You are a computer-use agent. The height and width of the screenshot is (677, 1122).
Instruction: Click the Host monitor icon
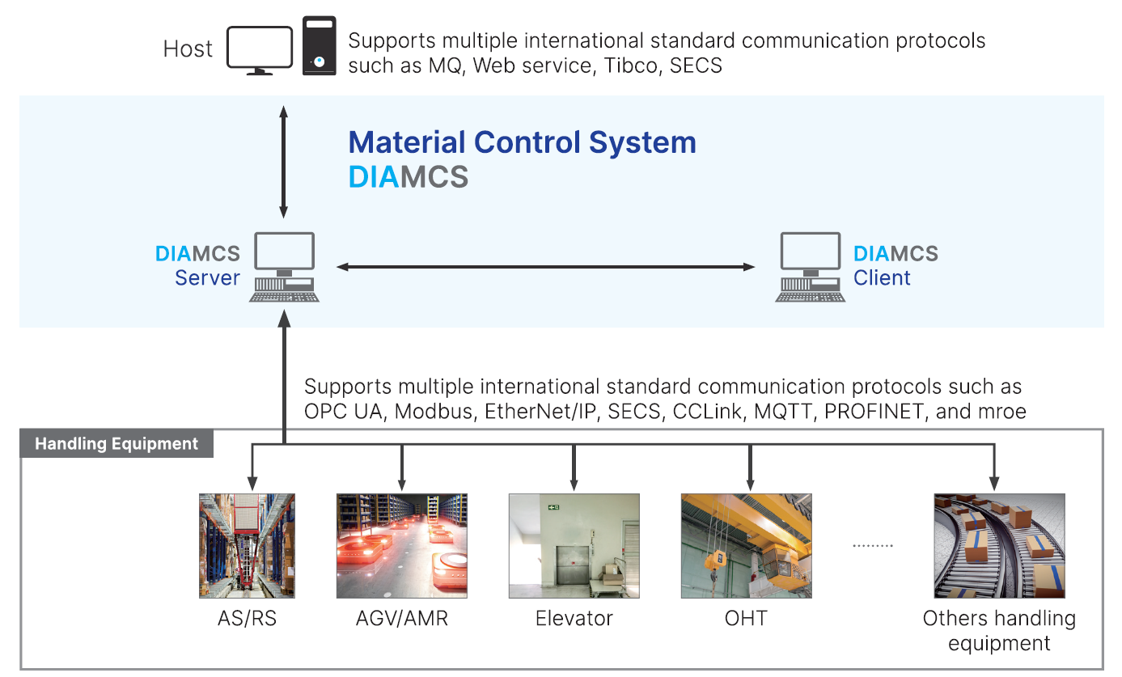[x=259, y=49]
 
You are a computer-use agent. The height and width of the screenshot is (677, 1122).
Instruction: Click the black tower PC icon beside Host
[x=319, y=46]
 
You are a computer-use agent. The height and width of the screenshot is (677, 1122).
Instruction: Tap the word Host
[x=188, y=49]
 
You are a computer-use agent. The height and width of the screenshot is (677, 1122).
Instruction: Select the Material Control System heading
[x=522, y=142]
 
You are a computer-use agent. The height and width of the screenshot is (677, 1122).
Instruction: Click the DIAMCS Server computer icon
[x=284, y=267]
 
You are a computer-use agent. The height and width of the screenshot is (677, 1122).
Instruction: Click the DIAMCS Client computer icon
[x=810, y=267]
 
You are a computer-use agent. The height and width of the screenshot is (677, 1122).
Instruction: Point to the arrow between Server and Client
[x=546, y=266]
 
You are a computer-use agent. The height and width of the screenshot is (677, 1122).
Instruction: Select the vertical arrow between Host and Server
[x=284, y=161]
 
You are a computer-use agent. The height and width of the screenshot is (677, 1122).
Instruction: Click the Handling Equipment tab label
[x=116, y=444]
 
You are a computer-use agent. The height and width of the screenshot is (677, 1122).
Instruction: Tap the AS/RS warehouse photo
[x=247, y=546]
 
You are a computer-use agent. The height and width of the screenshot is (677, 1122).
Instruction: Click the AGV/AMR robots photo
[x=401, y=546]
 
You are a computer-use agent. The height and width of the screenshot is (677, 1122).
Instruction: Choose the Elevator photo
[x=574, y=546]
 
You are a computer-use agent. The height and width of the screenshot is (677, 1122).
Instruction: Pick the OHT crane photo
[x=746, y=546]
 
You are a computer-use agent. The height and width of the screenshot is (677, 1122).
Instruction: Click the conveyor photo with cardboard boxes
[x=999, y=546]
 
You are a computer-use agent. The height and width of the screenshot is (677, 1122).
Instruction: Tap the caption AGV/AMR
[x=401, y=619]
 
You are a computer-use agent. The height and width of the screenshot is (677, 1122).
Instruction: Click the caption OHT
[x=746, y=619]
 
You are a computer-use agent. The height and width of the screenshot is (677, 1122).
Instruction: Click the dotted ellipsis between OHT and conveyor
[x=873, y=546]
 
